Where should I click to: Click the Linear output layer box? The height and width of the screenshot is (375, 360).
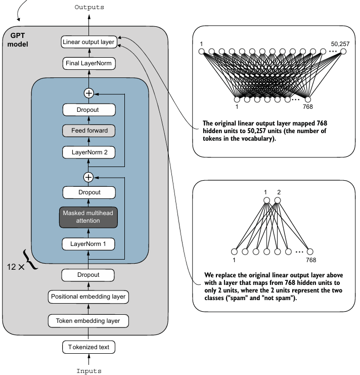coord(88,41)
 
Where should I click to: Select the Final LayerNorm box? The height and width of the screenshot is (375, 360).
coord(88,63)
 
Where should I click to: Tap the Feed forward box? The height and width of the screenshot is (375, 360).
coord(89,130)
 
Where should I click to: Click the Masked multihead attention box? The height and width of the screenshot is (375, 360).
coord(89,217)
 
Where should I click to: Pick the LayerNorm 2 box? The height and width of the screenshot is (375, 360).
coord(89,151)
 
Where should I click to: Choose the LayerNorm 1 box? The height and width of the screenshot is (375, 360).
coord(89,244)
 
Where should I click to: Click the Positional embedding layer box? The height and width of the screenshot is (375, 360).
coord(89,296)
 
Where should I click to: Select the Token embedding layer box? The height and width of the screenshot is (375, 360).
coord(89,320)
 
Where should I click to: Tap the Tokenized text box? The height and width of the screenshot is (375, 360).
coord(89,347)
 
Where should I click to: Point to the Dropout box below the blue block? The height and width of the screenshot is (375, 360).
coord(89,275)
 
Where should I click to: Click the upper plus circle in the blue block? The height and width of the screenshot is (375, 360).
coord(89,93)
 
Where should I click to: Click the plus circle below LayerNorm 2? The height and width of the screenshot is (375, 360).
coord(89,177)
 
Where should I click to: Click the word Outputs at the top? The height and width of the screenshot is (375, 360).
coord(89,7)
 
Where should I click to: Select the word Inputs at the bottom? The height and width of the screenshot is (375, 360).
coord(89,370)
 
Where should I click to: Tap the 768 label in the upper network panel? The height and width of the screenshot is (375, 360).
coord(307,106)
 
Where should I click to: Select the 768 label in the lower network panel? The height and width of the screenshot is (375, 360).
coord(311,260)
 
